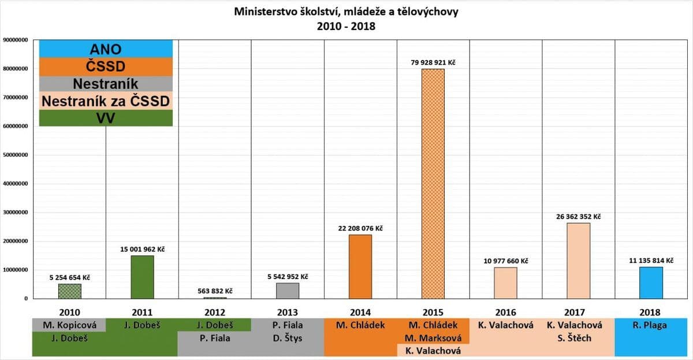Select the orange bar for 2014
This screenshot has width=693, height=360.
pos(360,266)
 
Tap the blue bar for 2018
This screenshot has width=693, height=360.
pos(651,283)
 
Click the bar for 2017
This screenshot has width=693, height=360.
pos(578,261)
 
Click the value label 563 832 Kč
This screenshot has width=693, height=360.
pos(215,291)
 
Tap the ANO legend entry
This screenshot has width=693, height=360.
pos(106,49)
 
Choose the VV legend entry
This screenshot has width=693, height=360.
pos(106,118)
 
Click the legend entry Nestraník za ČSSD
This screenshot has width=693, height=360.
pos(106,101)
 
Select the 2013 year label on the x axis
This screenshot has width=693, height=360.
pos(287,311)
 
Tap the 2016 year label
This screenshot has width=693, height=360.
pos(505,311)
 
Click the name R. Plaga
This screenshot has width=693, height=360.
pos(651,325)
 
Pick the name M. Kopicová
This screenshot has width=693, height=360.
pos(69,325)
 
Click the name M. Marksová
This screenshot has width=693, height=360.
pos(433,338)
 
